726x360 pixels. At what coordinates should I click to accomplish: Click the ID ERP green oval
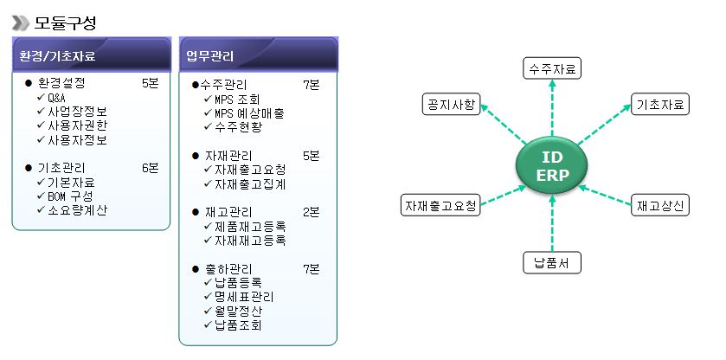(551, 165)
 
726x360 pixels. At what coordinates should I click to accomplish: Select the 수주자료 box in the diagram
(552, 68)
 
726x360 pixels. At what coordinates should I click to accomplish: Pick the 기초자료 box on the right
(659, 105)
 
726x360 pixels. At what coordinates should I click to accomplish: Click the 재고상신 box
(659, 206)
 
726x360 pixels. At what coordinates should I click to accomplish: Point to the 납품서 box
(552, 262)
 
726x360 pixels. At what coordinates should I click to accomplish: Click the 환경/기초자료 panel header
(90, 57)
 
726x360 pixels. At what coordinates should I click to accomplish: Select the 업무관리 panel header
(258, 57)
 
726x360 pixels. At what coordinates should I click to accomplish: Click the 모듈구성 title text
(66, 21)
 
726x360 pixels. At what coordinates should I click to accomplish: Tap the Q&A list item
(56, 98)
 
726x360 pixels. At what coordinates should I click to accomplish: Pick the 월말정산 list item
(239, 311)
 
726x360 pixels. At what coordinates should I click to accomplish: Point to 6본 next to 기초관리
(150, 168)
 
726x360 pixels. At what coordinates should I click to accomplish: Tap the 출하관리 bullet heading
(226, 268)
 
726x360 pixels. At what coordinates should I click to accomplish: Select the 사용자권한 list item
(78, 125)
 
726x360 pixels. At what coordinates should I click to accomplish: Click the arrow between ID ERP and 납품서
(551, 222)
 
